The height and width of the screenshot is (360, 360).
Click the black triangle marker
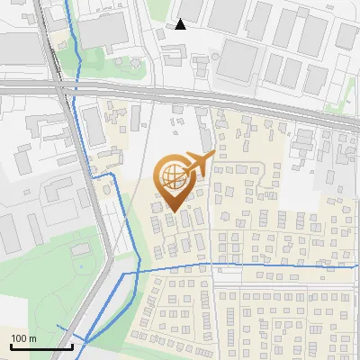coord(181,24)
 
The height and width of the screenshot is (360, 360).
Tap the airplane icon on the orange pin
coord(198,164)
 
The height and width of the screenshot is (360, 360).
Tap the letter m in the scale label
coord(33,338)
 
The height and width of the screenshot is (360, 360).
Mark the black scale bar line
coord(41,346)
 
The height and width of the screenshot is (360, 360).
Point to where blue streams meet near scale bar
coord(87,339)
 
